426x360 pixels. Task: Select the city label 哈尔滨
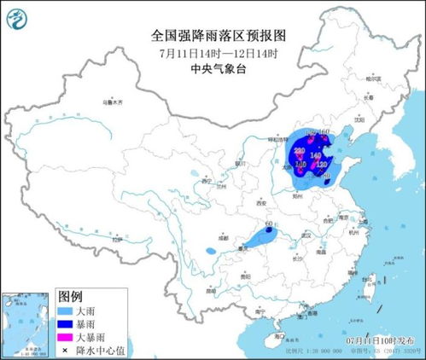[x=371, y=78]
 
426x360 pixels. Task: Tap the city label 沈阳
[x=354, y=120]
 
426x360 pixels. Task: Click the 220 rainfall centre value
[x=299, y=150]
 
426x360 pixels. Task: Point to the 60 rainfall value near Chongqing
[x=269, y=224]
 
